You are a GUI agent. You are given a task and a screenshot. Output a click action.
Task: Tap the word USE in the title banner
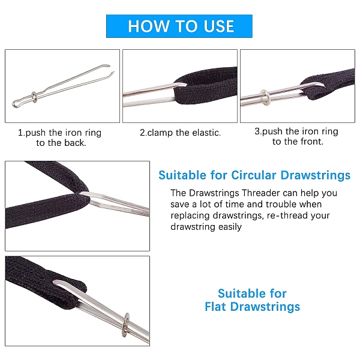(219, 26)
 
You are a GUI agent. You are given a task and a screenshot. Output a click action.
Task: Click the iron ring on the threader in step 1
(34, 97)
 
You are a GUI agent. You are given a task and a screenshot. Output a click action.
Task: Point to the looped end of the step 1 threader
(17, 104)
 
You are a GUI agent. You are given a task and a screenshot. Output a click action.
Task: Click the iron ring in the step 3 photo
(266, 97)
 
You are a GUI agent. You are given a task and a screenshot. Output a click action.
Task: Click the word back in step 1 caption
(74, 143)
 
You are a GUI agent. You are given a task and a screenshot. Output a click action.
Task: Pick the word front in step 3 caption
(312, 142)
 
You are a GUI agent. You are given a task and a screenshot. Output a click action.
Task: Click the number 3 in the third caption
(257, 131)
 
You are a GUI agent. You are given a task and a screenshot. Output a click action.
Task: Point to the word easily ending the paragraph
(230, 227)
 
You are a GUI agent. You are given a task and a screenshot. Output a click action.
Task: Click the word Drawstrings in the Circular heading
(316, 175)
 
